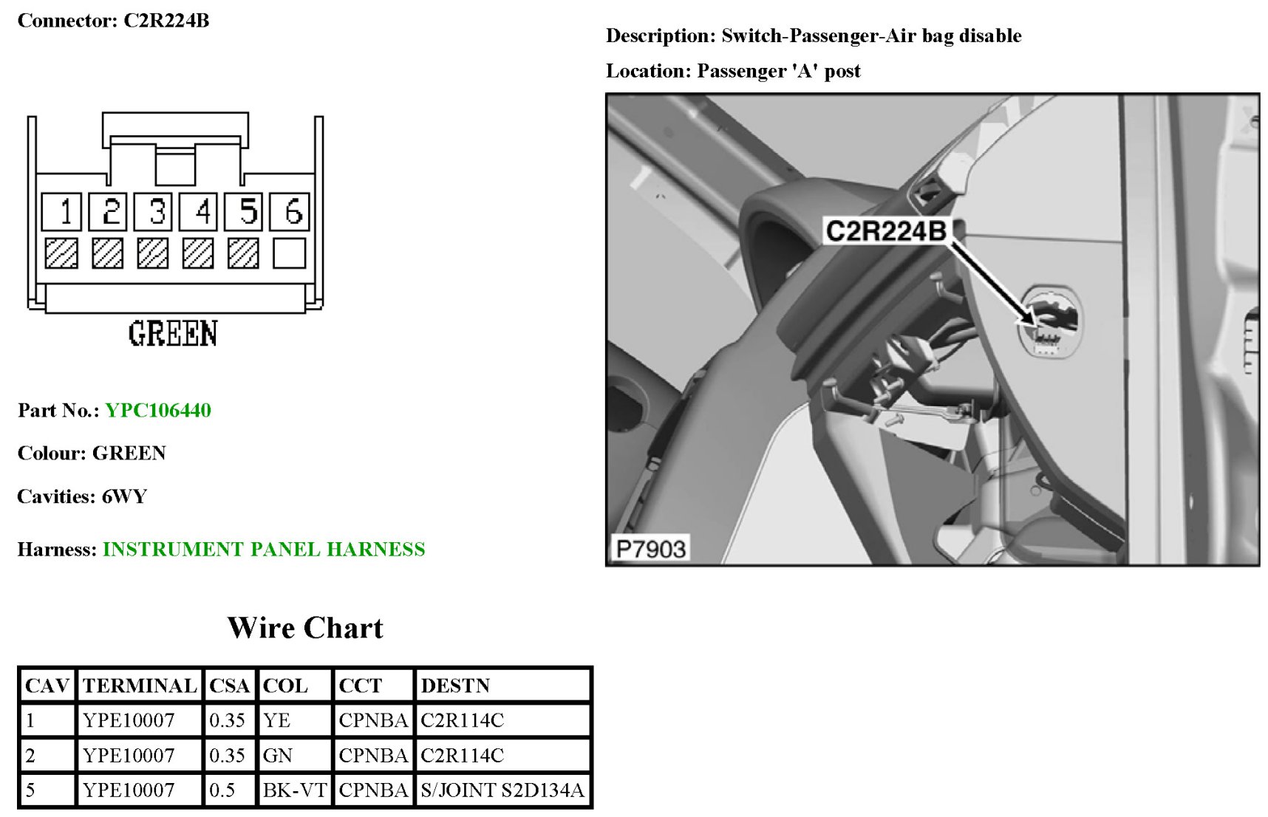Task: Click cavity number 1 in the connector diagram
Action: pyautogui.click(x=61, y=212)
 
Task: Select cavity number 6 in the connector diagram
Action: pyautogui.click(x=289, y=212)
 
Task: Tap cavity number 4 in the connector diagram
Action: pyautogui.click(x=198, y=212)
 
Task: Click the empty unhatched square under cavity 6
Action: pyautogui.click(x=289, y=253)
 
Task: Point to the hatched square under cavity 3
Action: pyautogui.click(x=152, y=253)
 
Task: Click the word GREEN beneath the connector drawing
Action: pyautogui.click(x=173, y=334)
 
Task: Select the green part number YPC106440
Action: pyautogui.click(x=158, y=411)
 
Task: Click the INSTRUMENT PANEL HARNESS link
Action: pyautogui.click(x=264, y=550)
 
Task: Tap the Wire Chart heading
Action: pyautogui.click(x=305, y=628)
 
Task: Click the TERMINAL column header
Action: pyautogui.click(x=140, y=686)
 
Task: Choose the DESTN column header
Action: pyautogui.click(x=455, y=686)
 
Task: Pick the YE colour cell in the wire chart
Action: pyautogui.click(x=277, y=721)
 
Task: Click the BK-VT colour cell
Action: pyautogui.click(x=295, y=790)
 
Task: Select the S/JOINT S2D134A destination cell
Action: pyautogui.click(x=502, y=790)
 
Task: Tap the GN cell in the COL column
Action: pyautogui.click(x=278, y=756)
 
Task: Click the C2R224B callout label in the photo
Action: pyautogui.click(x=886, y=231)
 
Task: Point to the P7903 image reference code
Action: pyautogui.click(x=650, y=549)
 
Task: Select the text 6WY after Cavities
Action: pyautogui.click(x=124, y=496)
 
